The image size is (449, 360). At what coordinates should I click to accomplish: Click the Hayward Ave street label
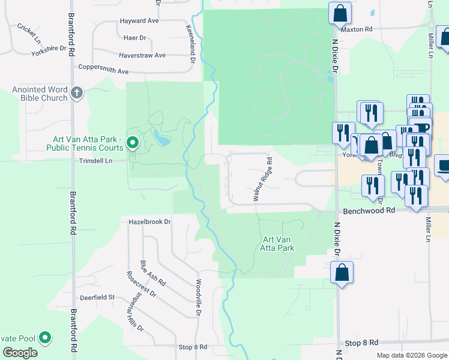coord(139,20)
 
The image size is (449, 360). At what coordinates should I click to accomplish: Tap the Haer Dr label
coord(134,38)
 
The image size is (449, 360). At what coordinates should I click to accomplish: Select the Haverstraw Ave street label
coord(142,55)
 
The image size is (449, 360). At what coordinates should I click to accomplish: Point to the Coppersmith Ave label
coord(103,71)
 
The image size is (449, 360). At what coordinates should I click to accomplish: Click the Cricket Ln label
coord(29,33)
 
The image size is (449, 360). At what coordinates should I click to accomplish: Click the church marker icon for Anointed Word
coord(76,93)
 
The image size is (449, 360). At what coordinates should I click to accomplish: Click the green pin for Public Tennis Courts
coord(133,143)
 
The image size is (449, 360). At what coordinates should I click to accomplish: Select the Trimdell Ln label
coord(96,161)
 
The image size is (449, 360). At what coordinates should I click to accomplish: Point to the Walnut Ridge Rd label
coord(262,179)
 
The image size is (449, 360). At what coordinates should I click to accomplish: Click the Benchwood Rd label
coord(369,211)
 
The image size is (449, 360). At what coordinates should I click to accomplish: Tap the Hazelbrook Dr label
coord(150,221)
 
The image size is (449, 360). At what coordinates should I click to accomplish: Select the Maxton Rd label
coord(357,29)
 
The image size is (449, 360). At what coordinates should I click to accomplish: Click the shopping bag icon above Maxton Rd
coord(340,13)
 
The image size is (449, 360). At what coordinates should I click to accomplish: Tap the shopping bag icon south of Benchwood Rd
coord(342,273)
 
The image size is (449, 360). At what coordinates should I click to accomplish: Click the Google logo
coord(20,352)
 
